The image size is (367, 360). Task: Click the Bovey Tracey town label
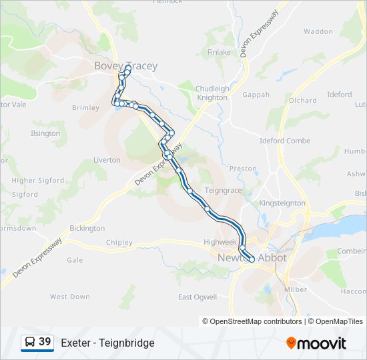[125, 66]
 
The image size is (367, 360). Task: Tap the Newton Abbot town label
[252, 258]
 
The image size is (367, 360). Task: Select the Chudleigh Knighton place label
[212, 93]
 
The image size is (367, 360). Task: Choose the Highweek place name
[220, 242]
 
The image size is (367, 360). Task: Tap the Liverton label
[107, 160]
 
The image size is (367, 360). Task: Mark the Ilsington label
[45, 133]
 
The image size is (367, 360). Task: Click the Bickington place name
[87, 228]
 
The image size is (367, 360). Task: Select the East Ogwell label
[198, 297]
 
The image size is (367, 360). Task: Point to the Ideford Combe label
[285, 141]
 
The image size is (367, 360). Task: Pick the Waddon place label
[318, 31]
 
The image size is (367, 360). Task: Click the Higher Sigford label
[38, 180]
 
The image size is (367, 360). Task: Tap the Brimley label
[85, 108]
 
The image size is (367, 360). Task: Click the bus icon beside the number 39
[29, 343]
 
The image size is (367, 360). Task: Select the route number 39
[45, 342]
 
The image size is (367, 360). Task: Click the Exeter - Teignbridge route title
[107, 343]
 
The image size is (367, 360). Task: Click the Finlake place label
[219, 52]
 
